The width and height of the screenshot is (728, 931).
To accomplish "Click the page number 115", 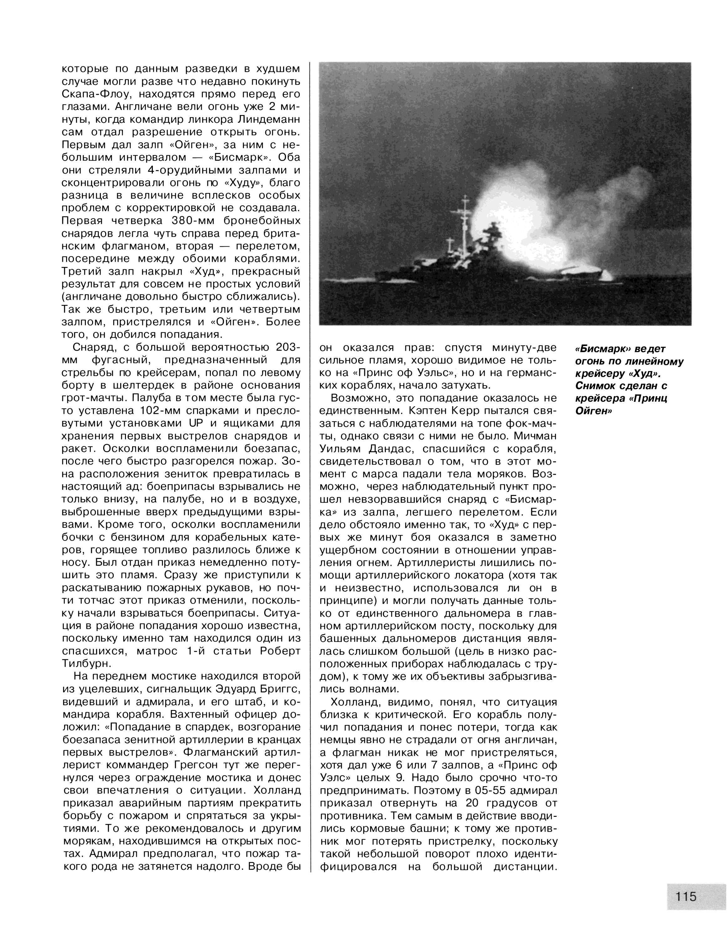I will point(685,896).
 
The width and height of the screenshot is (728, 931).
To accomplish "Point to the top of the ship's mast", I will point(466,197).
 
